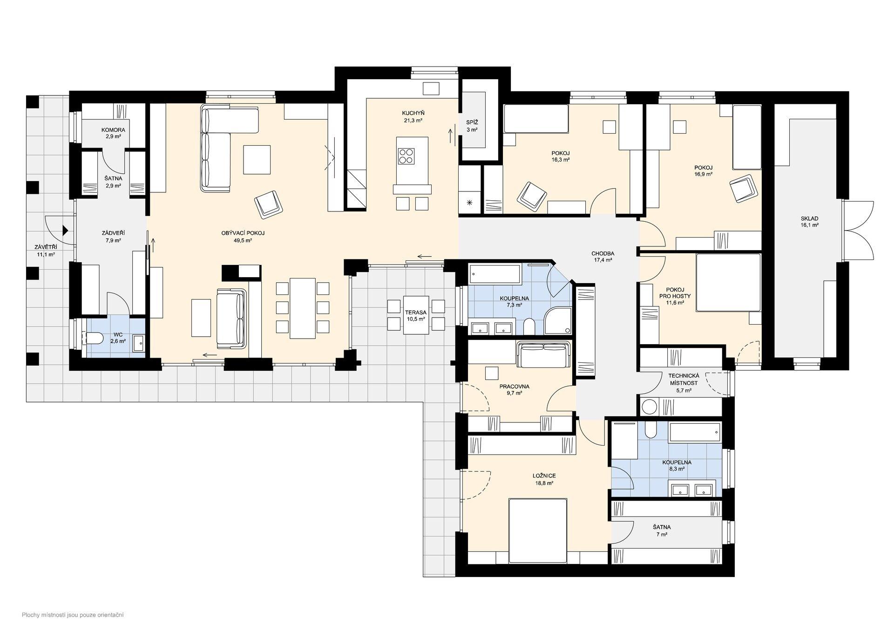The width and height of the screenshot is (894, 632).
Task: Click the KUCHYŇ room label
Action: (x=413, y=113)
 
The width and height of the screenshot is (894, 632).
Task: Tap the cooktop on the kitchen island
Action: (x=406, y=156)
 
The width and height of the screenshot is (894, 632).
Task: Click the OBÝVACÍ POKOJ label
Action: (x=243, y=233)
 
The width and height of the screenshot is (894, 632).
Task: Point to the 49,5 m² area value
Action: (x=243, y=241)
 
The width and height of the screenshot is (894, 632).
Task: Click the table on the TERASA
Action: (x=416, y=315)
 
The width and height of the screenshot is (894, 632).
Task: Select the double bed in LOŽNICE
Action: (x=538, y=530)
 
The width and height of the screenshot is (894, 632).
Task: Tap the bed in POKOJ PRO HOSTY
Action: (x=728, y=282)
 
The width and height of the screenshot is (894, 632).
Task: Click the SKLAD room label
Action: (x=809, y=218)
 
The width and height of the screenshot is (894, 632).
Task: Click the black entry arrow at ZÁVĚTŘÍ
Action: (x=66, y=230)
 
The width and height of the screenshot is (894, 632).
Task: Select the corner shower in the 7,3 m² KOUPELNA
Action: (x=558, y=320)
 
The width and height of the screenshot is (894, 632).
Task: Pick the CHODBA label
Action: (x=603, y=253)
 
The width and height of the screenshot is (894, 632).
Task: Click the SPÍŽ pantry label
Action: (x=472, y=122)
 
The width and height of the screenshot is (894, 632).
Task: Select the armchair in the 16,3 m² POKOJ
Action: (x=532, y=194)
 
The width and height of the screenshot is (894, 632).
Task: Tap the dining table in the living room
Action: (x=303, y=308)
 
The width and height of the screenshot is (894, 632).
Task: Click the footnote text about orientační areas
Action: (x=73, y=615)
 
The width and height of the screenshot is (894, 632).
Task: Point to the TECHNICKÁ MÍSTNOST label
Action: (x=684, y=379)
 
